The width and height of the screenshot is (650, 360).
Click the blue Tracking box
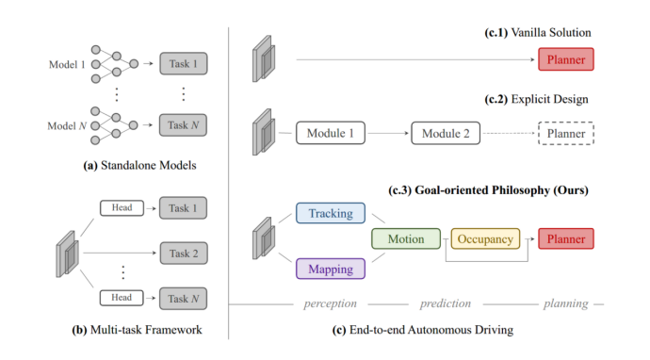click(331, 214)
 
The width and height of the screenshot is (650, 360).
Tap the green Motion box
click(405, 239)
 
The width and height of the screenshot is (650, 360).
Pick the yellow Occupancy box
click(486, 239)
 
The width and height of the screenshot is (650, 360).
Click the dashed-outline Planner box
click(566, 134)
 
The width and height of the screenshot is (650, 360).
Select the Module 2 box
click(445, 134)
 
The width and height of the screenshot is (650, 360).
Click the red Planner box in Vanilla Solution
click(566, 62)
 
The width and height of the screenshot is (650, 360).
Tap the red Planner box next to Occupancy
click(566, 239)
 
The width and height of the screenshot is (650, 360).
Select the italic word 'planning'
click(565, 304)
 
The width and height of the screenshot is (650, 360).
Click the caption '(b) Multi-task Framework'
click(141, 329)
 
